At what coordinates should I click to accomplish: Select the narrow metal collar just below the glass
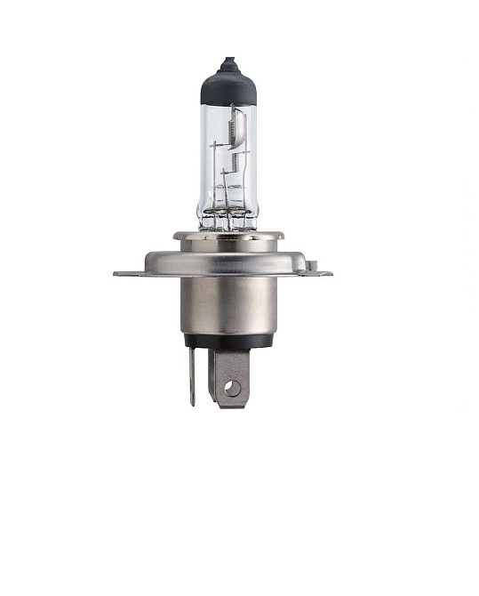click(228, 236)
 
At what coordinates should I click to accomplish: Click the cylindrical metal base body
click(229, 302)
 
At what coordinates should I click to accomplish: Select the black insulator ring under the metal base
click(229, 341)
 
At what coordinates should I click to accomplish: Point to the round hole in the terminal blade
click(231, 387)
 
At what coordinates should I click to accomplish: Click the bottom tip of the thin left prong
click(192, 402)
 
